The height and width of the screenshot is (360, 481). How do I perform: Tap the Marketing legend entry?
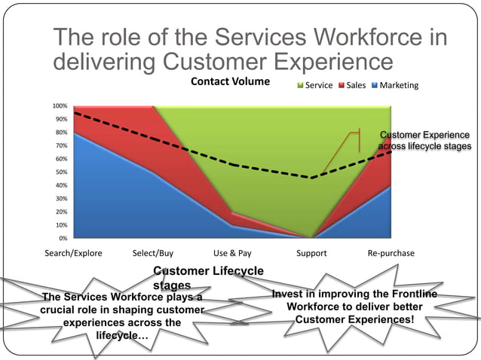click(398, 85)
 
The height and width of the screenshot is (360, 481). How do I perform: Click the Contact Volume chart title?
click(230, 81)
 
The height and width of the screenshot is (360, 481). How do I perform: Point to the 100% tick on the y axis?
click(60, 106)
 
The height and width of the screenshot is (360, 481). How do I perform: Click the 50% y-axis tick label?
click(61, 172)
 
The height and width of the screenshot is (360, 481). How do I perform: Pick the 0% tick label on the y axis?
click(63, 238)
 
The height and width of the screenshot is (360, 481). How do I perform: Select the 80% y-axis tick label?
click(61, 133)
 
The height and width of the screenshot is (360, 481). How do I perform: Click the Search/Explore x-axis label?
click(73, 253)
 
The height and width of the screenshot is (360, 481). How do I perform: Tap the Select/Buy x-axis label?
click(153, 253)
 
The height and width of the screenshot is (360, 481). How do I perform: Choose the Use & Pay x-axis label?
click(232, 253)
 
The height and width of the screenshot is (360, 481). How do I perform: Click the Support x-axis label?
click(311, 253)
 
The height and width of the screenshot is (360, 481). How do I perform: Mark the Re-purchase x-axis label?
click(391, 253)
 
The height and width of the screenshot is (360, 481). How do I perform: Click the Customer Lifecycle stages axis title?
click(209, 277)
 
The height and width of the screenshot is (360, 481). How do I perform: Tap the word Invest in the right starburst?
click(286, 294)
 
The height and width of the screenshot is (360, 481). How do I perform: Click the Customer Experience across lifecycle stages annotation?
click(424, 140)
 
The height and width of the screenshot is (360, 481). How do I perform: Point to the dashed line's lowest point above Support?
click(311, 178)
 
